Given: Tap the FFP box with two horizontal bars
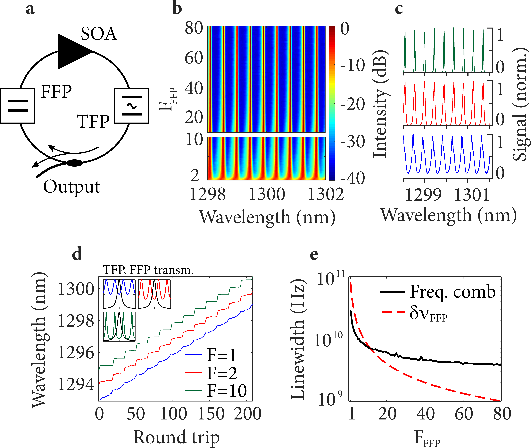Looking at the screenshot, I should [18, 106].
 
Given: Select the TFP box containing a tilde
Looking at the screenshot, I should [132, 106].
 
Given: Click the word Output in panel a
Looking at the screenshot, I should [72, 187].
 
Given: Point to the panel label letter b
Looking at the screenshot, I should [177, 8].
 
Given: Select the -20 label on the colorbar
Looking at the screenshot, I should [352, 104].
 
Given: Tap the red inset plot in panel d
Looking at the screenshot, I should [154, 294].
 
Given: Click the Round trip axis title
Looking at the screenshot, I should [176, 437].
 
